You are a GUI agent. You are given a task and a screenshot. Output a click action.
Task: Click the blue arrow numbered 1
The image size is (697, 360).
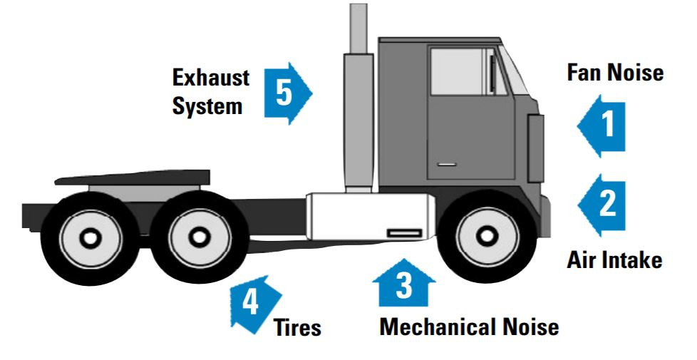tap(602, 127)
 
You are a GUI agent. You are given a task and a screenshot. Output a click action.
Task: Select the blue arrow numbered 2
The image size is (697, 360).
tap(602, 205)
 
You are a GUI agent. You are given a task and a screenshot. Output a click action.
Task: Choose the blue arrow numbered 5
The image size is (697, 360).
tap(287, 94)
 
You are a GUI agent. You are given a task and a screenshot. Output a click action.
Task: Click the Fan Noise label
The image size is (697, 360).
tap(615, 73)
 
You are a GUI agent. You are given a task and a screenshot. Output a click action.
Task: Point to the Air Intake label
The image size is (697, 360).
tap(614, 259)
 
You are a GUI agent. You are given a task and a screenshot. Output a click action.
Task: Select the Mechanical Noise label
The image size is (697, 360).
tap(468, 327)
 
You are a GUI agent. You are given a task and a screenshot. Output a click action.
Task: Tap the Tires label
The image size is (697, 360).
tap(297, 329)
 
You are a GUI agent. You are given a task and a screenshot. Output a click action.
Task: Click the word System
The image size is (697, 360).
tap(207, 107)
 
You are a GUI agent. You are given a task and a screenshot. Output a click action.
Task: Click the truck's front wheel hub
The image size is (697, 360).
tap(485, 235)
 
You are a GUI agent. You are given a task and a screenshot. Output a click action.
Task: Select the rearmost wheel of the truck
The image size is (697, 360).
tap(91, 237)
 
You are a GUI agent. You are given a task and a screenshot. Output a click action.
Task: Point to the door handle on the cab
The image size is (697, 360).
tap(446, 165)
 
